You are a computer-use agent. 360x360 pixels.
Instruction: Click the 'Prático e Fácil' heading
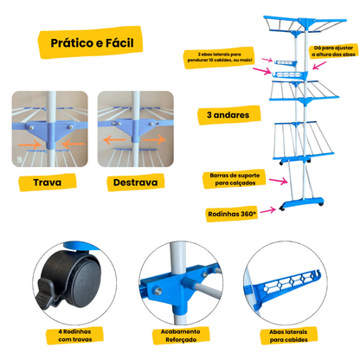tap(92, 43)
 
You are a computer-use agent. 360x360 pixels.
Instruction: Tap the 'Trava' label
tap(48, 183)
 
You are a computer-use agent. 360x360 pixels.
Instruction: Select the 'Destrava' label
tap(135, 183)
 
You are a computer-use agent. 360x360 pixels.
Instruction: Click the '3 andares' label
tap(228, 115)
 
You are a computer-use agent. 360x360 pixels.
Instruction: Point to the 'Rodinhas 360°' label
tap(232, 214)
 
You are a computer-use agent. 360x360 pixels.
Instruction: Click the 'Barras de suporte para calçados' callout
tap(235, 179)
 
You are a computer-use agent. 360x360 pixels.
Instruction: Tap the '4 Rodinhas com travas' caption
tap(74, 336)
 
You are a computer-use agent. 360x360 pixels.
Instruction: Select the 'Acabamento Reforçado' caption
tap(181, 336)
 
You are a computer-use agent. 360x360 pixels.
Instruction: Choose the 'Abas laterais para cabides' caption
tap(288, 336)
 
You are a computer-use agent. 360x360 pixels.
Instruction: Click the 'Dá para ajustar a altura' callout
tap(333, 51)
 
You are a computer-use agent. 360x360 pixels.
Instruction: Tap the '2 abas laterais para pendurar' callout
tap(220, 57)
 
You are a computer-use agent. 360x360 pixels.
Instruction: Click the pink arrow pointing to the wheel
tap(268, 210)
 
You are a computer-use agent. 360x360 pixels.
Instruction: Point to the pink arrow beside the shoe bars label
tap(279, 181)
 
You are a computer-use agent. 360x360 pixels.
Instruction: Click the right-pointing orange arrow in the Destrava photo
tap(154, 140)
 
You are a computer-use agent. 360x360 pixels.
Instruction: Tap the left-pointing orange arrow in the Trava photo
tap(74, 144)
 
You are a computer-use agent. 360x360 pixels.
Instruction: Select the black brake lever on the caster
tap(48, 293)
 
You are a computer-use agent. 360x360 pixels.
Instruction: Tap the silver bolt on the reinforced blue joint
tap(157, 291)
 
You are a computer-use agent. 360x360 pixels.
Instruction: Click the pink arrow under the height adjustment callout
tap(319, 65)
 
